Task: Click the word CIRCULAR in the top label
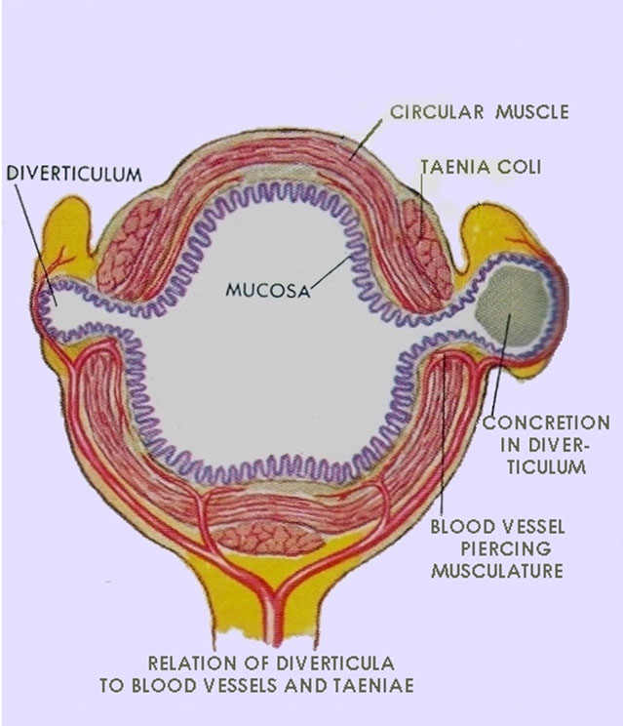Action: [434, 112]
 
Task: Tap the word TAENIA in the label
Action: [454, 167]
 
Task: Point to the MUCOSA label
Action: [264, 290]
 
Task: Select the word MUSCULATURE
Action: [496, 570]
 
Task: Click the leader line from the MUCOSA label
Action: [332, 270]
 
